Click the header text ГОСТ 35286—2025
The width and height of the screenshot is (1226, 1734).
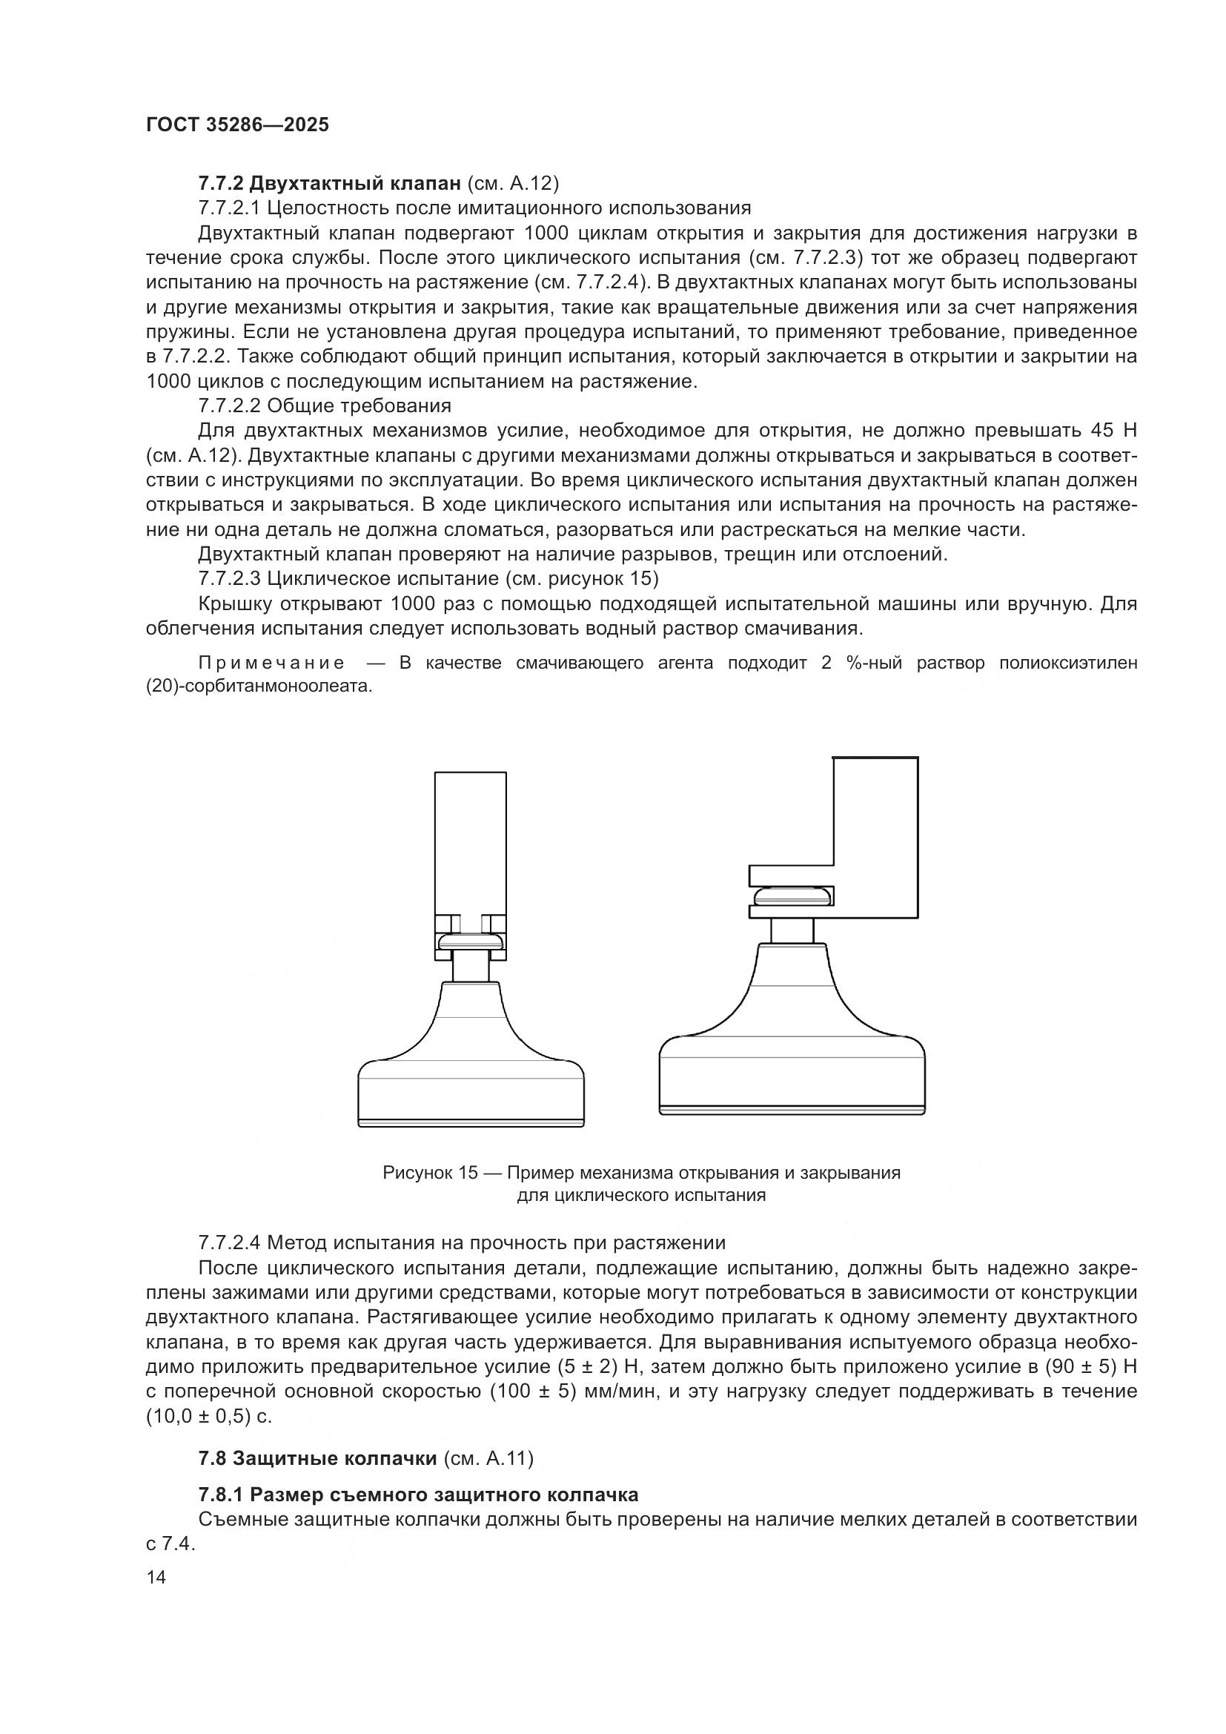click(237, 125)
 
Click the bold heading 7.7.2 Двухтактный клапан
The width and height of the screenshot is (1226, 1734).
click(329, 184)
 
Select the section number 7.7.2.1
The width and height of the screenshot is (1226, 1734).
click(230, 208)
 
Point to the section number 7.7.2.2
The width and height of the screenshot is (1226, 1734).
click(230, 406)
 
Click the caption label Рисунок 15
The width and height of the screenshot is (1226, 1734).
click(431, 1173)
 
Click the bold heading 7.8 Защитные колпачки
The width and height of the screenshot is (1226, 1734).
click(318, 1480)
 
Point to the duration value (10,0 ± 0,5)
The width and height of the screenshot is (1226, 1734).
click(198, 1417)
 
